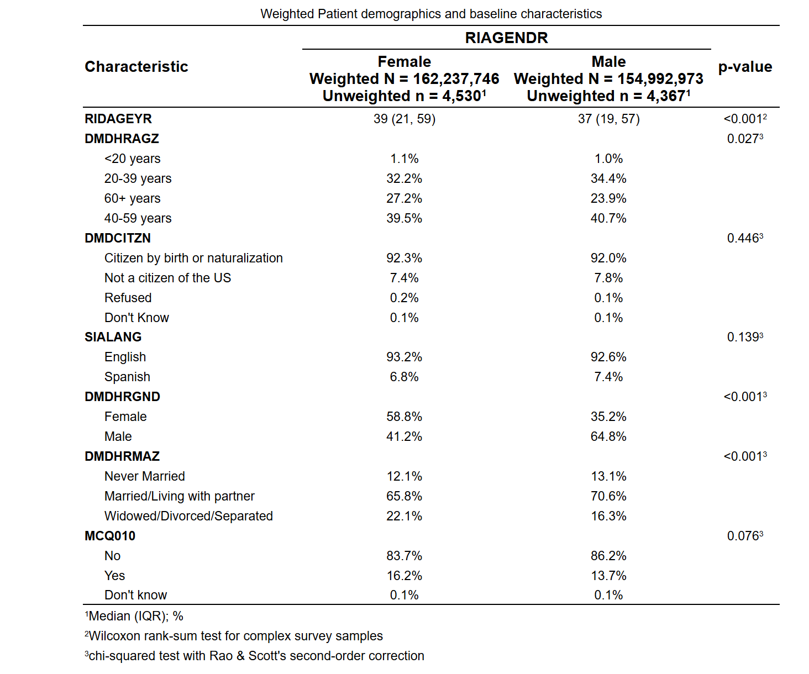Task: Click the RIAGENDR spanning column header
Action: pos(506,38)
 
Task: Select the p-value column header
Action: pos(745,67)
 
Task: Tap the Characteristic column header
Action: pos(136,67)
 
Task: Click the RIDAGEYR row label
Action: pos(118,119)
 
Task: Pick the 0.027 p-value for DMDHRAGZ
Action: pos(745,138)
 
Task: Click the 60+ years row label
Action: pos(132,198)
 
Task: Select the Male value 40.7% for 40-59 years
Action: pos(608,218)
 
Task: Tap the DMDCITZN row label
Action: pos(118,238)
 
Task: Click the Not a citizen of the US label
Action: pos(167,278)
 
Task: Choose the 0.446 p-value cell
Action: pos(745,238)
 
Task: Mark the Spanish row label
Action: pos(127,377)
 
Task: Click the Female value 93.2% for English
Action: pos(404,357)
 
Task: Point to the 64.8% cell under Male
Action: pos(608,436)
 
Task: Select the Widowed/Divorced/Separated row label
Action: pos(188,516)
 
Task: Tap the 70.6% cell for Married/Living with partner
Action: pos(608,496)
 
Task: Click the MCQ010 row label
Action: pos(110,536)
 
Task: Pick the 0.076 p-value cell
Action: pos(745,536)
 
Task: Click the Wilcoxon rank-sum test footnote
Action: pos(234,636)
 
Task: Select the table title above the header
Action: pos(431,14)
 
